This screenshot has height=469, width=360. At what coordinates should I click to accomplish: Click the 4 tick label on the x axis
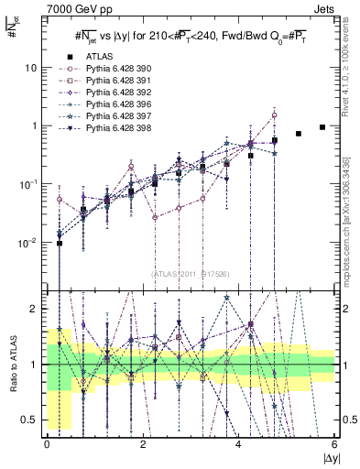point(239,443)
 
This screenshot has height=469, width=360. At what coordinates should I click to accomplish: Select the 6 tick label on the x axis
point(334,443)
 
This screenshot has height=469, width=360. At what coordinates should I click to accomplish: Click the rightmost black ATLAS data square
point(322,127)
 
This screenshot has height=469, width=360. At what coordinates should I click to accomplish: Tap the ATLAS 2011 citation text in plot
point(191,274)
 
